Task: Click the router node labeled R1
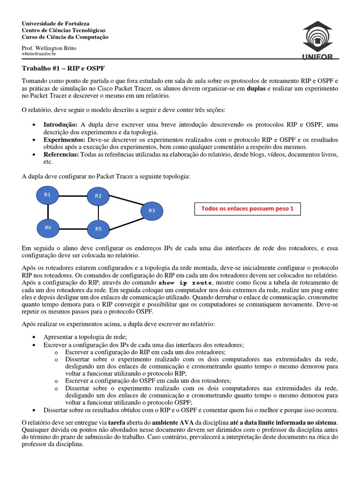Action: pyautogui.click(x=47, y=195)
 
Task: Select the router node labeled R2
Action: pyautogui.click(x=98, y=196)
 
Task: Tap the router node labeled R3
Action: pyautogui.click(x=151, y=211)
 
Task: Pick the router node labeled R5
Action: pyautogui.click(x=98, y=229)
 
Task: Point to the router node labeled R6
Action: pyautogui.click(x=48, y=228)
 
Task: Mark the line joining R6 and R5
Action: pyautogui.click(x=73, y=229)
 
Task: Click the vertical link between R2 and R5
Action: pyautogui.click(x=98, y=212)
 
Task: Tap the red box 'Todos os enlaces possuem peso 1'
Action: pyautogui.click(x=247, y=209)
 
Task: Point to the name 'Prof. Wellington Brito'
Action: pyautogui.click(x=49, y=48)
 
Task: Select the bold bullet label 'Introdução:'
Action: pyautogui.click(x=60, y=125)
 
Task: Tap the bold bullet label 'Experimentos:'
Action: pyautogui.click(x=64, y=140)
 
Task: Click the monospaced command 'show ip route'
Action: pyautogui.click(x=185, y=283)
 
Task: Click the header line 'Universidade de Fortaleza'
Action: pyautogui.click(x=56, y=23)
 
